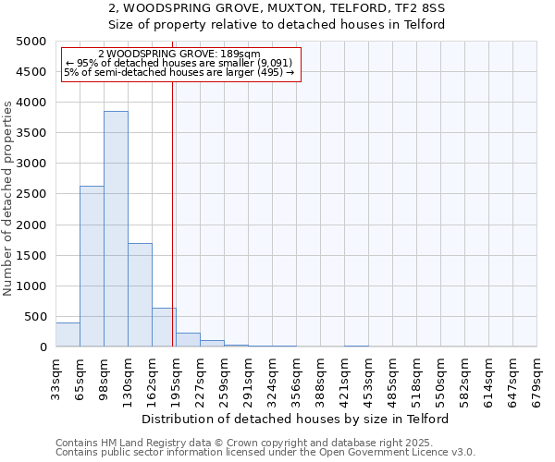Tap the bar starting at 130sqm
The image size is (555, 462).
[140, 295]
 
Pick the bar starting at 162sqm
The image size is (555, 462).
[164, 327]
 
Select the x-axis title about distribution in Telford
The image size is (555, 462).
[296, 419]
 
